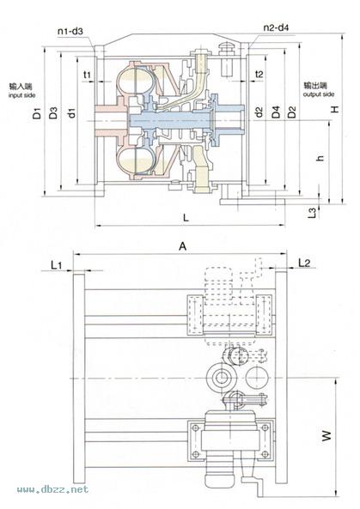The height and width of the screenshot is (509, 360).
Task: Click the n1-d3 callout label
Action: (70, 31)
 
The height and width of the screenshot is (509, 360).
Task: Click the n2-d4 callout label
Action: (276, 27)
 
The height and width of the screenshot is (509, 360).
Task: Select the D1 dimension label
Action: (38, 113)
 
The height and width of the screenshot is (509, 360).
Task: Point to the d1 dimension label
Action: (72, 112)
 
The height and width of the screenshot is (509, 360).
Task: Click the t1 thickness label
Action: (87, 75)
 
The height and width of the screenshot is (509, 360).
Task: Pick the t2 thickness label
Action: (259, 75)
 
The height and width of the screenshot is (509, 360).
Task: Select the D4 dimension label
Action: (276, 112)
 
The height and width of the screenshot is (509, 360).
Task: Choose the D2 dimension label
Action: (292, 112)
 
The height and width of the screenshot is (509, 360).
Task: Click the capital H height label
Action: (335, 109)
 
